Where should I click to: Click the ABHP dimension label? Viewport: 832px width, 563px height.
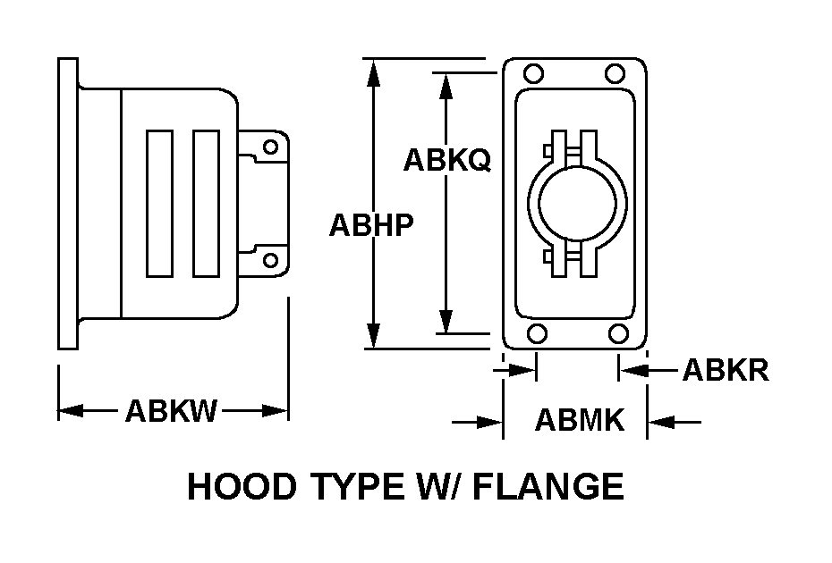click(x=371, y=224)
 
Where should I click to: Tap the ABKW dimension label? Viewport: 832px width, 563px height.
click(x=171, y=411)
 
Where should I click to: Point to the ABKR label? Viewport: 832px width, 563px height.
click(x=726, y=369)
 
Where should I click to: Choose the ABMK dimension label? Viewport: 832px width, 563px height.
click(x=579, y=419)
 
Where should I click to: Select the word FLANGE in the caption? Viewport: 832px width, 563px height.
click(x=548, y=487)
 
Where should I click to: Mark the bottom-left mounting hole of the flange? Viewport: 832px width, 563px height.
click(x=537, y=334)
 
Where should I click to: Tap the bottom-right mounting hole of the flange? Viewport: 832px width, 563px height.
click(x=617, y=334)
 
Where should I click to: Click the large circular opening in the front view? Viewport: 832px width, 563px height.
click(x=574, y=203)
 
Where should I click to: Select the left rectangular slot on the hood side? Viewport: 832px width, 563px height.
click(x=160, y=203)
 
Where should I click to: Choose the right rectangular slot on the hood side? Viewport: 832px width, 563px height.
click(x=206, y=203)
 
